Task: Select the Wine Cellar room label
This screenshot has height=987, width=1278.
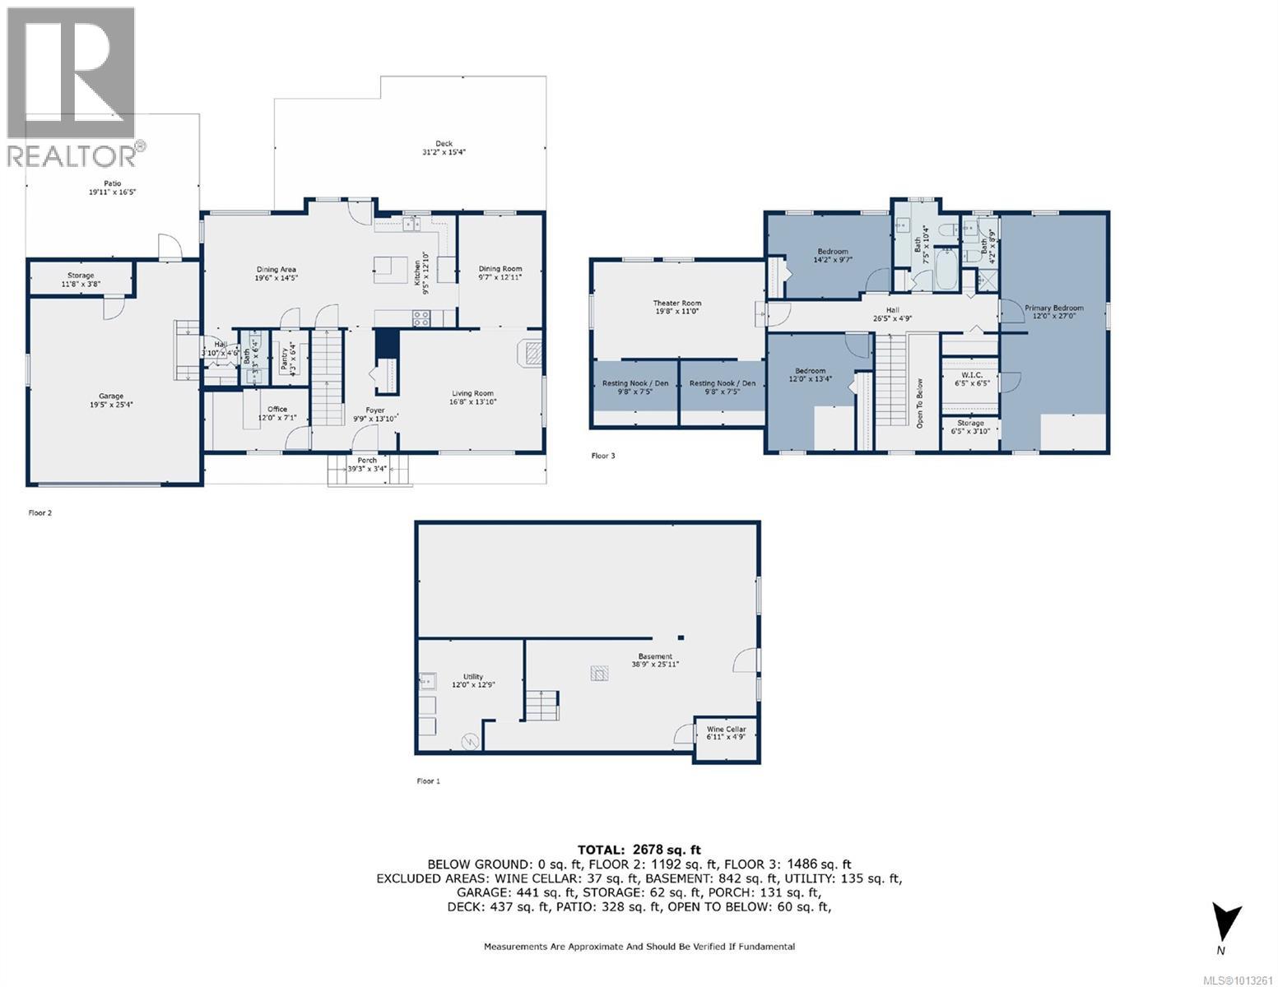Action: (x=726, y=729)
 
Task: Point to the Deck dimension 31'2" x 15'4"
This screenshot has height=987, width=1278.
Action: (x=444, y=152)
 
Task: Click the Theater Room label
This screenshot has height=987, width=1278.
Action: (x=677, y=304)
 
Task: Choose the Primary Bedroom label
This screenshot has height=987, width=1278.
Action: (x=1053, y=308)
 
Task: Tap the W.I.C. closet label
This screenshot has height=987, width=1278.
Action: (x=971, y=375)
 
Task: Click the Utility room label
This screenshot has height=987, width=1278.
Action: (x=472, y=677)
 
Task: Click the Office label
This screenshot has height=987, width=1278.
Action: (x=277, y=409)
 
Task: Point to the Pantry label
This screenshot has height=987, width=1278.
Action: (x=284, y=359)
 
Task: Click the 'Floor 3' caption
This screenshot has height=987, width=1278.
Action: (x=603, y=455)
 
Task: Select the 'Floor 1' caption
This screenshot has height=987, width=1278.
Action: (x=428, y=781)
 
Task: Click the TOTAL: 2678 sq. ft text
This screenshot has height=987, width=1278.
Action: (x=639, y=850)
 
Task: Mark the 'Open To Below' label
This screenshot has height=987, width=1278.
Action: (x=920, y=404)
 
